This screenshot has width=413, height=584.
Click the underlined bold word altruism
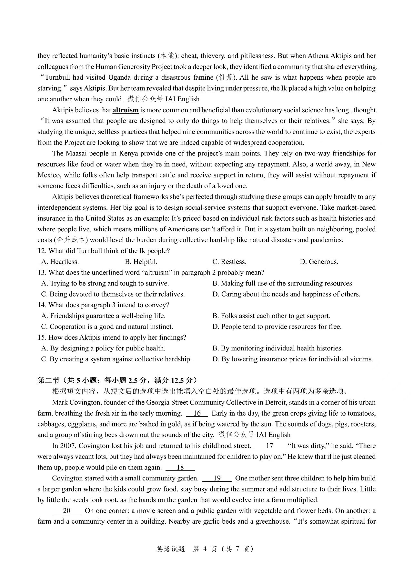[x=126, y=110]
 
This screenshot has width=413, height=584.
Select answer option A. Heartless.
[x=60, y=262]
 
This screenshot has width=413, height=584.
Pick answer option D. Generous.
[x=319, y=262]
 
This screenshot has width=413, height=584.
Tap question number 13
[x=42, y=273]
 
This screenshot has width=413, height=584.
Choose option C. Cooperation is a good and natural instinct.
[x=107, y=327]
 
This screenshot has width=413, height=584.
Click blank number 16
[x=197, y=413]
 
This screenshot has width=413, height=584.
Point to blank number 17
[x=269, y=446]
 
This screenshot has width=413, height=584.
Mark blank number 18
[x=180, y=468]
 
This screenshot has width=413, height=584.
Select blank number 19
[x=217, y=478]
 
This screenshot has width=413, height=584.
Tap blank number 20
[x=66, y=511]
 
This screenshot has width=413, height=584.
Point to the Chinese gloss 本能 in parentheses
[x=168, y=56]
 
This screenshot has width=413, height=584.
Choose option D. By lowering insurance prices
[x=293, y=359]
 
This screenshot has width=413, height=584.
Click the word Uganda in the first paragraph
[x=120, y=77]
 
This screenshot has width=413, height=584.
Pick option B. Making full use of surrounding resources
[x=283, y=283]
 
